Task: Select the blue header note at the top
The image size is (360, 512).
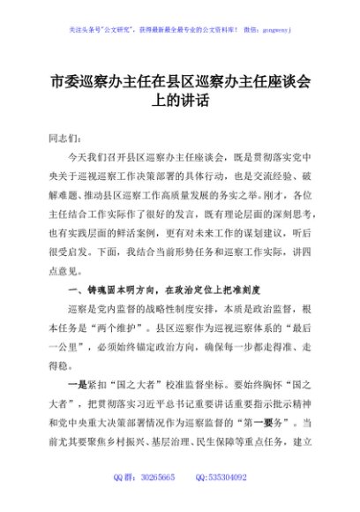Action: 179,28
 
